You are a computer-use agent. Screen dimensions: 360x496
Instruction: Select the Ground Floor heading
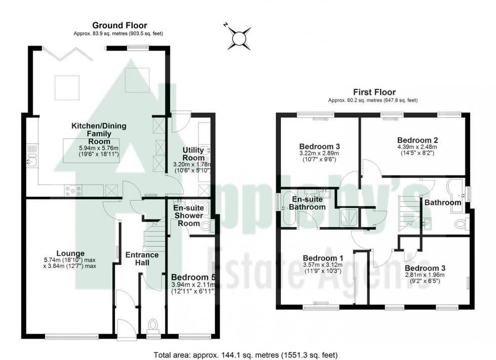tap(119, 25)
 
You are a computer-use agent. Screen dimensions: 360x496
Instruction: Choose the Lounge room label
tap(70, 253)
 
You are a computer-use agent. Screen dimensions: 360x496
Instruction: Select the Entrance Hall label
tap(142, 258)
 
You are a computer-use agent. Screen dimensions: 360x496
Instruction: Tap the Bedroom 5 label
tap(193, 278)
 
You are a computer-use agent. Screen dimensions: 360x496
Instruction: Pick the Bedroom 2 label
tap(417, 140)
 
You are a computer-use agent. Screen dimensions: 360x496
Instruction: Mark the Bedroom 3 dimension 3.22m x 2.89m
tap(318, 153)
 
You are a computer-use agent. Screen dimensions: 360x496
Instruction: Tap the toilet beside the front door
tap(153, 324)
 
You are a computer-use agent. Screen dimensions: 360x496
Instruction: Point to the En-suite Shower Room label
tap(188, 216)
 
